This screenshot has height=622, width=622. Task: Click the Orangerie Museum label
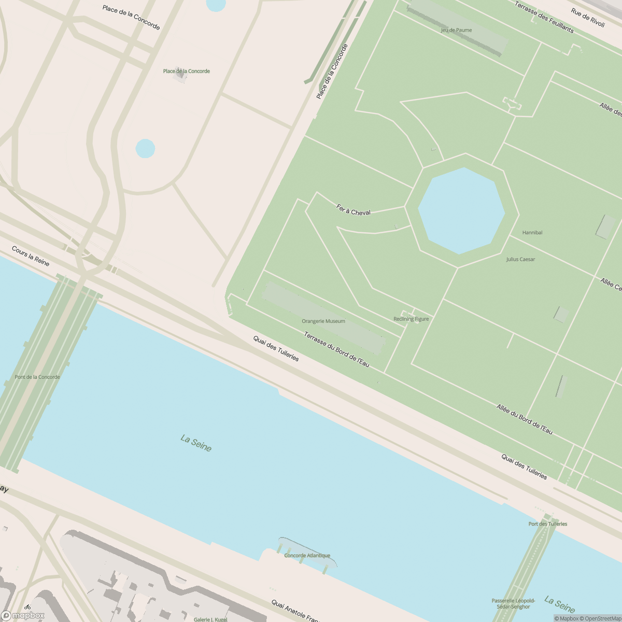point(323,321)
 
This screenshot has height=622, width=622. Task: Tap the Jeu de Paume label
point(456,30)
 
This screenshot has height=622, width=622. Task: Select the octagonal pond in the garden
point(461,211)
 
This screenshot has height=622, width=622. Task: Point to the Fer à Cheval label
point(354,210)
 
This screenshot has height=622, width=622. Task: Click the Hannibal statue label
point(532,233)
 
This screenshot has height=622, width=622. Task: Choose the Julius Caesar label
point(520,259)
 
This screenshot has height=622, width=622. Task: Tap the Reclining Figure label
point(411,319)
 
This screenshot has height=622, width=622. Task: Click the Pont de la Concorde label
point(37,377)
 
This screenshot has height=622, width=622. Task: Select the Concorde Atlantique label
point(307,556)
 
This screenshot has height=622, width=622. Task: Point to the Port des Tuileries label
point(548,524)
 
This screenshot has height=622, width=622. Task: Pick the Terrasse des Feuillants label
point(544,17)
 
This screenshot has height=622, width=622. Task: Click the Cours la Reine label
point(31,256)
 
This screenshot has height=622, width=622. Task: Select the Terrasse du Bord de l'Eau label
point(336,350)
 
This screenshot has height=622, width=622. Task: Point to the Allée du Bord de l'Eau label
point(525,419)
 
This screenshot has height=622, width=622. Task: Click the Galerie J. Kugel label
point(210,619)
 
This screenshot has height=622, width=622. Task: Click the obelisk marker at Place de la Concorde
point(180,74)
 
